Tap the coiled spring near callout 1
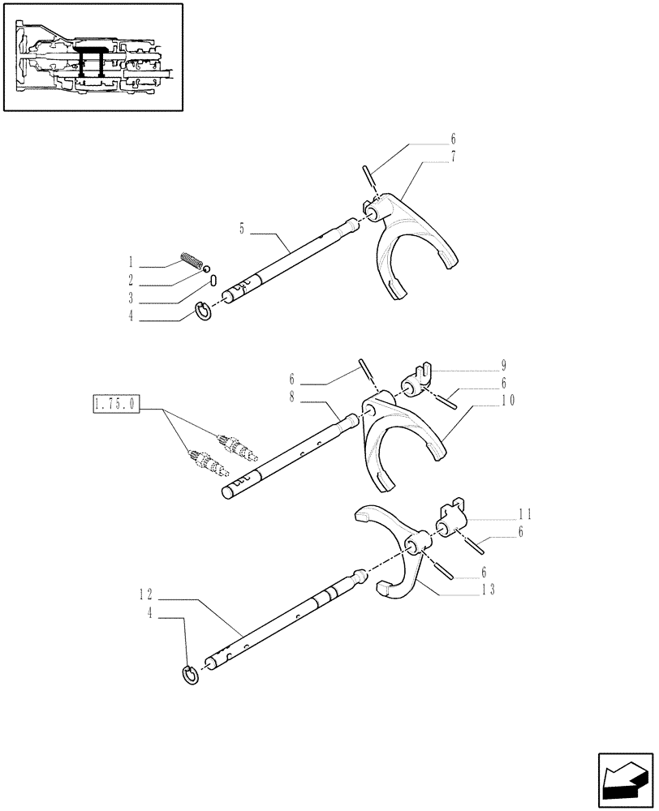191,260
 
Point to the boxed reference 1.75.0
117,403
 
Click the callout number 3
131,300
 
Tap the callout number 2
131,282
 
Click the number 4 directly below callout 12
152,614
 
